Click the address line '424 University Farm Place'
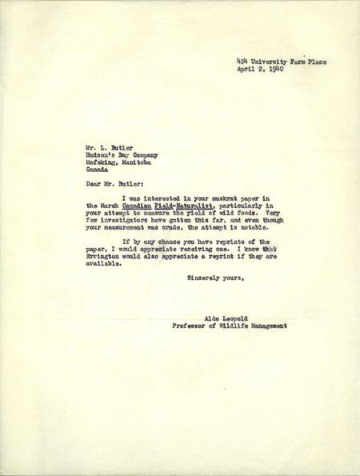coord(282,62)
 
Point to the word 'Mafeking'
coord(101,142)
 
